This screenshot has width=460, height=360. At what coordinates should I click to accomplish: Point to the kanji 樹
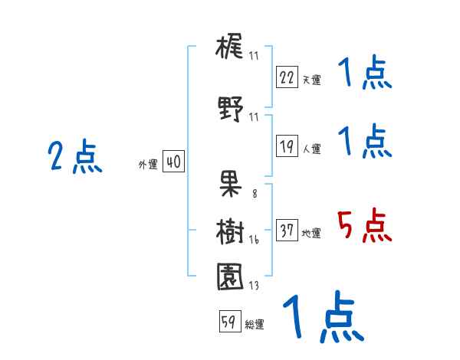[230, 231]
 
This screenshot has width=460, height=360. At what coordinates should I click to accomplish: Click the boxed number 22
[287, 77]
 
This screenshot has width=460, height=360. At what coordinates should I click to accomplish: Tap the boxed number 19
[287, 146]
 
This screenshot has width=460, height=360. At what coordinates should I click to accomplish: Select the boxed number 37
[287, 231]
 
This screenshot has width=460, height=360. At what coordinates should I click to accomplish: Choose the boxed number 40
[173, 162]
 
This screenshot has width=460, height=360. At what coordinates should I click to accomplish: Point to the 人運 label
[312, 149]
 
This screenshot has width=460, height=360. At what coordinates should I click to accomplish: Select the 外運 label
[148, 165]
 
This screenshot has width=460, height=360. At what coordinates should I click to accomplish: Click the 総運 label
[255, 325]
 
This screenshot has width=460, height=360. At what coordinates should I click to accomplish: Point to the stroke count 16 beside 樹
[253, 240]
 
